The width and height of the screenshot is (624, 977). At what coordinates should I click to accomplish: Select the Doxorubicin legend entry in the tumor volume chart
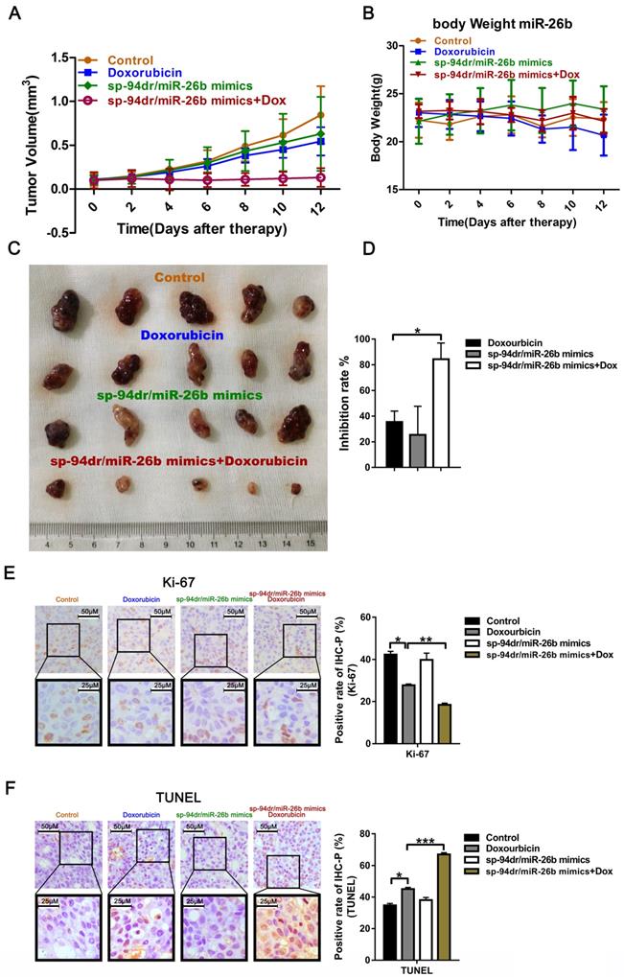(140, 72)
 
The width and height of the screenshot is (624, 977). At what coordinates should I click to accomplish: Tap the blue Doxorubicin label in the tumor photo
(183, 335)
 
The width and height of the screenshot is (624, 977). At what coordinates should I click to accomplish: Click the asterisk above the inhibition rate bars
(418, 331)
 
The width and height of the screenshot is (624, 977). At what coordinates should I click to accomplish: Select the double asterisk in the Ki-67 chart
(426, 640)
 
